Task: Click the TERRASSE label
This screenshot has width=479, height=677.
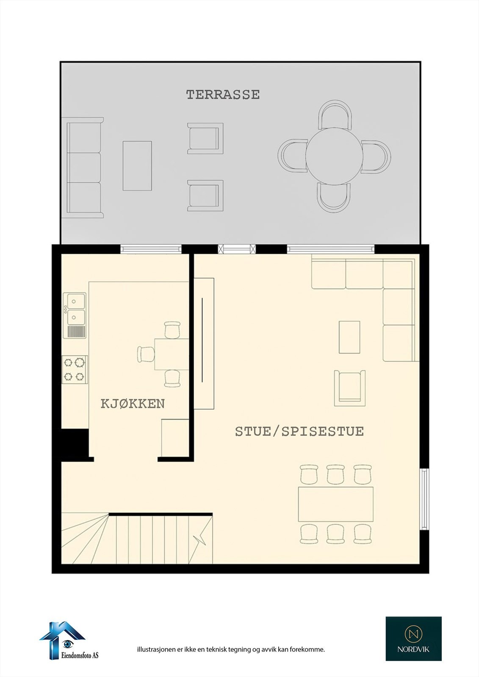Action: pyautogui.click(x=223, y=95)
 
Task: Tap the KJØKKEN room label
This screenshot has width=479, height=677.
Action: pyautogui.click(x=133, y=404)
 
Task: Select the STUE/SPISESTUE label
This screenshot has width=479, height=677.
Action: pyautogui.click(x=299, y=431)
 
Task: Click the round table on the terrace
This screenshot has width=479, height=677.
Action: pyautogui.click(x=334, y=156)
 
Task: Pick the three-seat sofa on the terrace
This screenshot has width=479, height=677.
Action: pyautogui.click(x=84, y=168)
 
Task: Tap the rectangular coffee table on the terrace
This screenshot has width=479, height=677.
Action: pyautogui.click(x=137, y=166)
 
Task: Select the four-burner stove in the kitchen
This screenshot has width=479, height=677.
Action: pyautogui.click(x=75, y=369)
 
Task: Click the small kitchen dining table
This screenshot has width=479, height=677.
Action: pyautogui.click(x=172, y=354)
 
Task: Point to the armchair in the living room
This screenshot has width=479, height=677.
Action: pyautogui.click(x=349, y=388)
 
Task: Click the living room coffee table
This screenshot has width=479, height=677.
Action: pyautogui.click(x=349, y=337)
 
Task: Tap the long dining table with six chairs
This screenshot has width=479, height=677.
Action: pyautogui.click(x=335, y=504)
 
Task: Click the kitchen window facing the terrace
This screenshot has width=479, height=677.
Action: pyautogui.click(x=151, y=249)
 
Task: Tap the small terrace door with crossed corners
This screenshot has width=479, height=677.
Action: pyautogui.click(x=237, y=249)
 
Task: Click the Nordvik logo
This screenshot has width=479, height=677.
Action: pyautogui.click(x=413, y=638)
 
